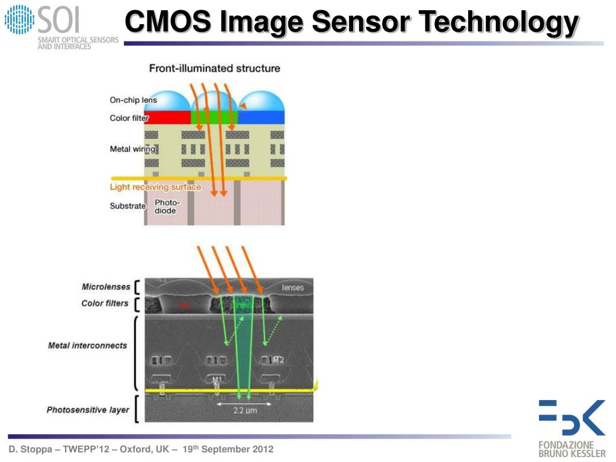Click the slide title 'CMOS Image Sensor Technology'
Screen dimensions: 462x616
[x=351, y=23]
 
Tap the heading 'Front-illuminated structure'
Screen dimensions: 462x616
[x=214, y=69]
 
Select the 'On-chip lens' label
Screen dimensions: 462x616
[x=133, y=100]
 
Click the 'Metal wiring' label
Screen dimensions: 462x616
[x=132, y=149]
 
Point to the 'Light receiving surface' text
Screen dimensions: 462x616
[x=155, y=187]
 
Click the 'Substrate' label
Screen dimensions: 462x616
[x=128, y=206]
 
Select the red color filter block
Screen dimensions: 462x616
[x=167, y=117]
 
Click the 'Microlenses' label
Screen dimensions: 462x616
[x=106, y=287]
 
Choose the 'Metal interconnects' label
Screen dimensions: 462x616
[x=88, y=345]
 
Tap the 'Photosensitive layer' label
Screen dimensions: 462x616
[x=88, y=410]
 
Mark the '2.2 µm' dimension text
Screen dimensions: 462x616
[x=245, y=412]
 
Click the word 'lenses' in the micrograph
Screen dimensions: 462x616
[x=293, y=288]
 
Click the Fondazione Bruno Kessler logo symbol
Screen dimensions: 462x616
[x=571, y=417]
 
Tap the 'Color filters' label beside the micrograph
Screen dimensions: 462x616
[x=105, y=303]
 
